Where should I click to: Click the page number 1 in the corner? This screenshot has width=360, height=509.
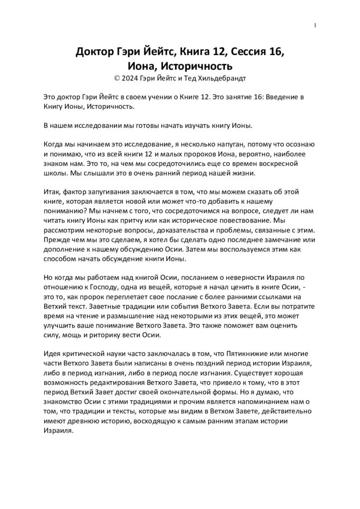315,25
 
